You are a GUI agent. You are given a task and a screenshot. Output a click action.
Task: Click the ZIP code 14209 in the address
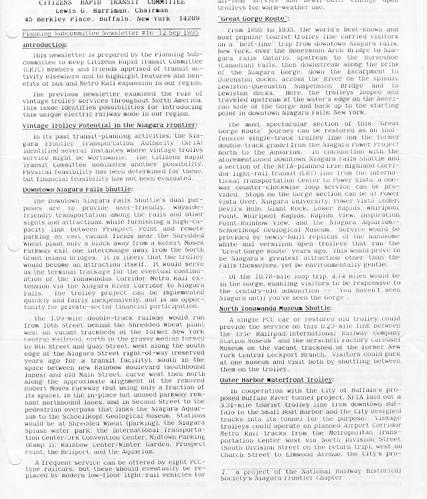click(187, 19)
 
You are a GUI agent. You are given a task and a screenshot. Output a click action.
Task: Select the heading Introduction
click(44, 45)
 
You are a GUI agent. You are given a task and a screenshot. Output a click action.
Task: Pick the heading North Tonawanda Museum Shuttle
click(275, 308)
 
